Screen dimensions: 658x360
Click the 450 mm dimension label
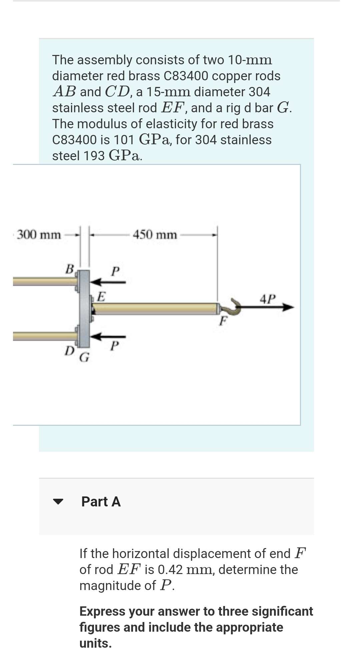pos(155,235)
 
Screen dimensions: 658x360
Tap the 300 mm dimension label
pos(39,235)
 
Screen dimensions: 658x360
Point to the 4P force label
pos(268,299)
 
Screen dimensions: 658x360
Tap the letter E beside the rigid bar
pos(101,296)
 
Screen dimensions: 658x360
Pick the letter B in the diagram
pos(69,269)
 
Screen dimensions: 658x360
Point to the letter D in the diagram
pos(69,350)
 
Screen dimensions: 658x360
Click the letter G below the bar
pos(85,357)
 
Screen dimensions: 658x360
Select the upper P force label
pos(115,271)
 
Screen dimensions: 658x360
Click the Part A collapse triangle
pos(58,501)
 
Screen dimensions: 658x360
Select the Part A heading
pos(101,501)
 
